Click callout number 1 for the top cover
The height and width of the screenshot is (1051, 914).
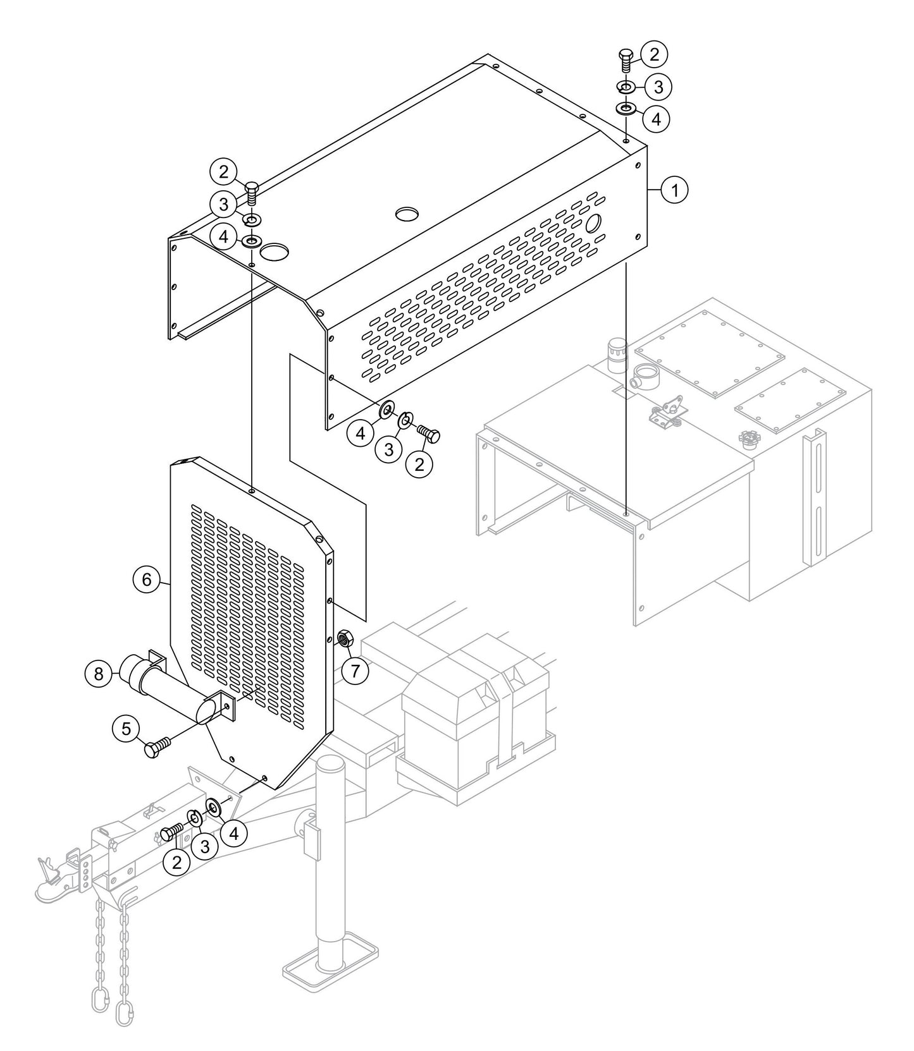point(674,190)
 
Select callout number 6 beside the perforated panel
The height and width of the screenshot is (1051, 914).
point(147,579)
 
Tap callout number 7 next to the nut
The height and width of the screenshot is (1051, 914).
point(355,671)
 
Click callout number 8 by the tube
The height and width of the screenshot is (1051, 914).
point(99,674)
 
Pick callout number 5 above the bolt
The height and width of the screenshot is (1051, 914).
point(127,729)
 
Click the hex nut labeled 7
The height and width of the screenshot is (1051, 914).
point(345,639)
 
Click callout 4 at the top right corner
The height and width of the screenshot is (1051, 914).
point(656,118)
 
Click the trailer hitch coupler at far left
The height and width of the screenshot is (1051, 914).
point(54,881)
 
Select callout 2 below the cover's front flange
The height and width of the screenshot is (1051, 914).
point(419,464)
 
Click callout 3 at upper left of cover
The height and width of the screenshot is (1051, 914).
point(223,204)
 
